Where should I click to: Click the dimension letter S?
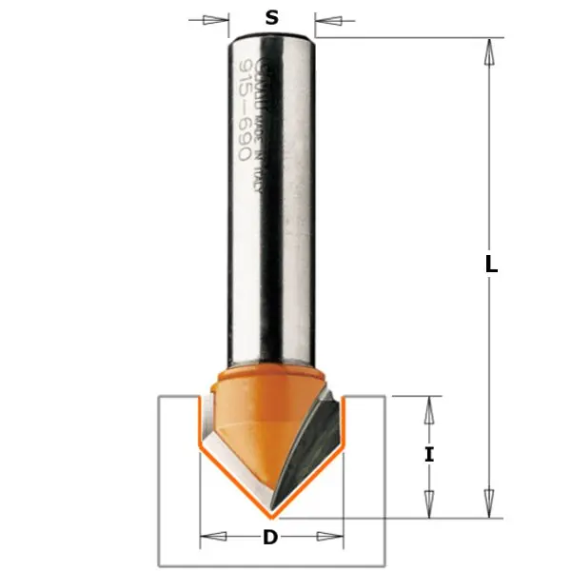click(271, 16)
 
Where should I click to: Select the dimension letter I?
click(429, 455)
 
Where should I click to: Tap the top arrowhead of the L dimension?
click(490, 51)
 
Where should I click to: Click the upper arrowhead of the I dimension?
click(428, 410)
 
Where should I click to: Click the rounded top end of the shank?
click(271, 39)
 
